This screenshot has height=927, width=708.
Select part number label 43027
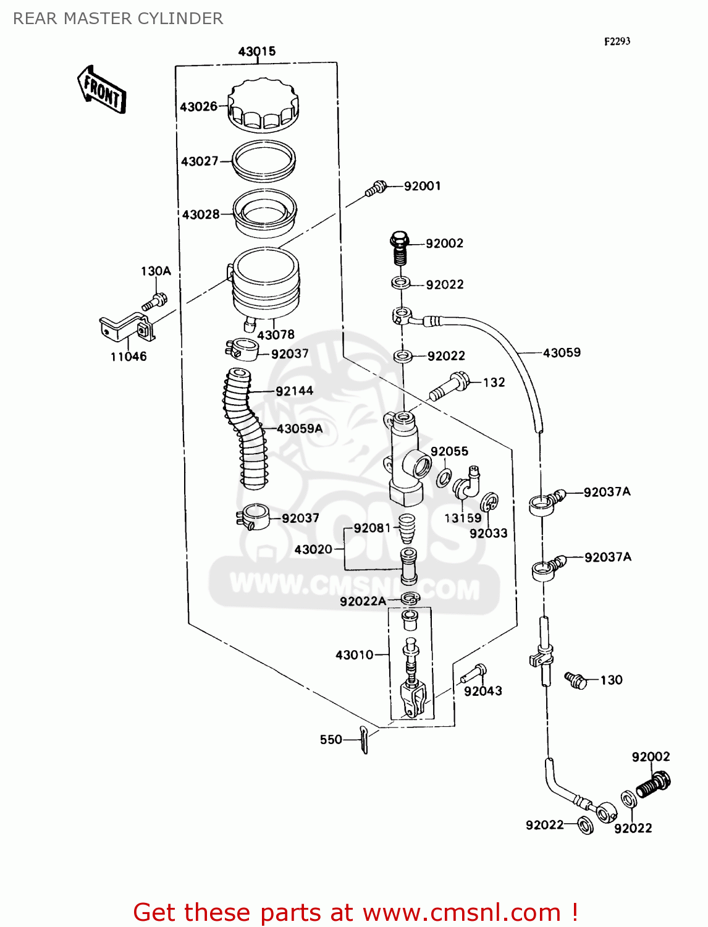(200, 161)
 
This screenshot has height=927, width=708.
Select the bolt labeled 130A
(154, 302)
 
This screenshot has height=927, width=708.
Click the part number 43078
(276, 335)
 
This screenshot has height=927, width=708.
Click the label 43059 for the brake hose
(562, 352)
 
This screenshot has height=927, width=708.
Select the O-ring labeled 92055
(444, 477)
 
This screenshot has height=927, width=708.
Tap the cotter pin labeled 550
(365, 740)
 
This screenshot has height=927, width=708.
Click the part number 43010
(354, 654)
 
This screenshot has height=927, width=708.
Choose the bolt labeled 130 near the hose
(576, 680)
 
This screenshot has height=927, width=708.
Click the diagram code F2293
(617, 41)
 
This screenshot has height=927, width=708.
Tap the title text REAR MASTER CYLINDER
(118, 19)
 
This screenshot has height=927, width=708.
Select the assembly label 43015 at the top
(256, 51)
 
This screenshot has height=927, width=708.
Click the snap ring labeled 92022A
(410, 598)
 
